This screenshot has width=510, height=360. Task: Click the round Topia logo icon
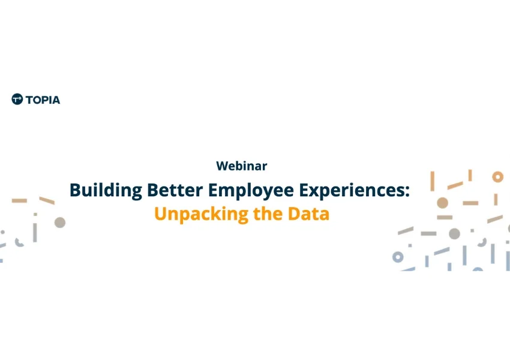17,99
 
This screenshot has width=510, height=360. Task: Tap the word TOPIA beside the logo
43,100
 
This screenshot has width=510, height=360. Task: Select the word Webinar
242,166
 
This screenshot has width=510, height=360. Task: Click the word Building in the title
106,190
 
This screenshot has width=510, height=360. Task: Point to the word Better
175,190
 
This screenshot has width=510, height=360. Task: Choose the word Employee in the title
251,191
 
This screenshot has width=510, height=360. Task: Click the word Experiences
352,191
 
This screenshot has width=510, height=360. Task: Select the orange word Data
308,214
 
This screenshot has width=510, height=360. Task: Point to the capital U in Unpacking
160,214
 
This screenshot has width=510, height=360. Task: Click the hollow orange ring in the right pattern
497,177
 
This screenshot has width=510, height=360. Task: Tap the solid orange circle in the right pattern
442,203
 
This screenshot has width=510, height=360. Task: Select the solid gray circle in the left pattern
60,223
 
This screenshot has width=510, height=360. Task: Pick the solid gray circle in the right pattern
454,233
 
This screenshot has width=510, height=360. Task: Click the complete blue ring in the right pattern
398,257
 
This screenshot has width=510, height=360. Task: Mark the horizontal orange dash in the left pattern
20,200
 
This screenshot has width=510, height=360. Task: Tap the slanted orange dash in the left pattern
47,200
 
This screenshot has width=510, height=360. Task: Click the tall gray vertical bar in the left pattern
35,233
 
